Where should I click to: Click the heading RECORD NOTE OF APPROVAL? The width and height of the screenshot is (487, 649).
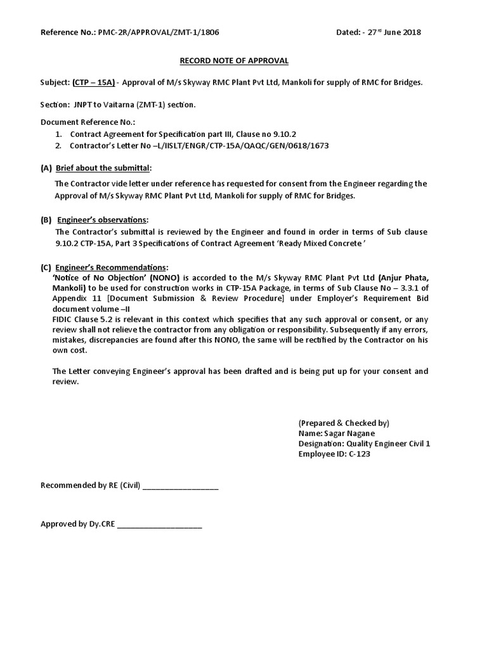click(234, 61)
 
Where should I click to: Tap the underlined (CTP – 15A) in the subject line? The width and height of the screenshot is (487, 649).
click(94, 82)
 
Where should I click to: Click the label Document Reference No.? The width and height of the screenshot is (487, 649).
click(88, 122)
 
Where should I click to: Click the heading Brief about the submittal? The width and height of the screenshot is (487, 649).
click(104, 168)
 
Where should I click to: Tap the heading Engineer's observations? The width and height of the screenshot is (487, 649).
click(103, 220)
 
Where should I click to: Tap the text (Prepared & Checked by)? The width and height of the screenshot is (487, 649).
click(343, 423)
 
